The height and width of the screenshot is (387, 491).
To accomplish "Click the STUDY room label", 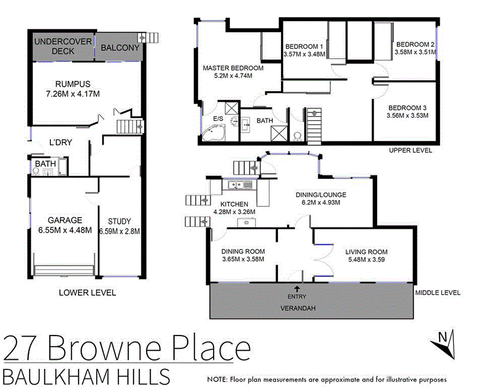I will [120, 221].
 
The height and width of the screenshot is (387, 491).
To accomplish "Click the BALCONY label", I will [120, 48].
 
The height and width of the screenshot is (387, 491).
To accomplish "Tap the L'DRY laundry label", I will [60, 142].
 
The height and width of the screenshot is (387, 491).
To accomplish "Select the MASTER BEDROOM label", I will [233, 68].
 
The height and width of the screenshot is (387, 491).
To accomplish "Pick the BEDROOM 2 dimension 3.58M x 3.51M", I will [414, 52].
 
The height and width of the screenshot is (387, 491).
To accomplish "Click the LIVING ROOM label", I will [366, 252].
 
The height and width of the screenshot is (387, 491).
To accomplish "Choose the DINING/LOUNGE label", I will [321, 195].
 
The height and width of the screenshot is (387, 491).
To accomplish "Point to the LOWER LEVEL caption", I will [87, 292].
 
